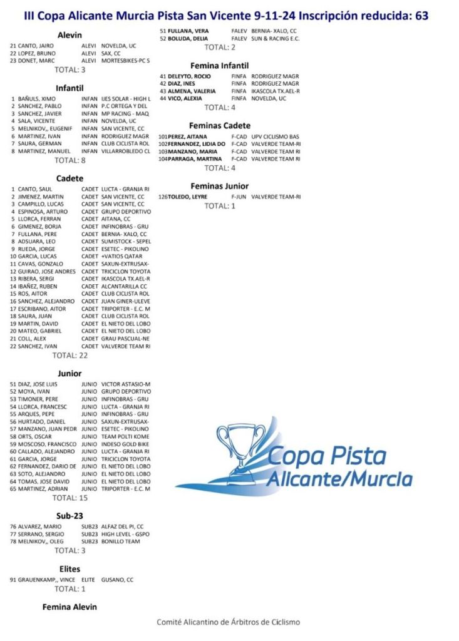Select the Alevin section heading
(69, 35)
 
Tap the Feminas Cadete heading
(220, 126)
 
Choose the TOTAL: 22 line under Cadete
(70, 355)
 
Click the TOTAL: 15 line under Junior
(70, 498)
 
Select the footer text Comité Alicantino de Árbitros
(229, 622)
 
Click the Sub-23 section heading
(70, 515)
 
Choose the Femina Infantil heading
(219, 66)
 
